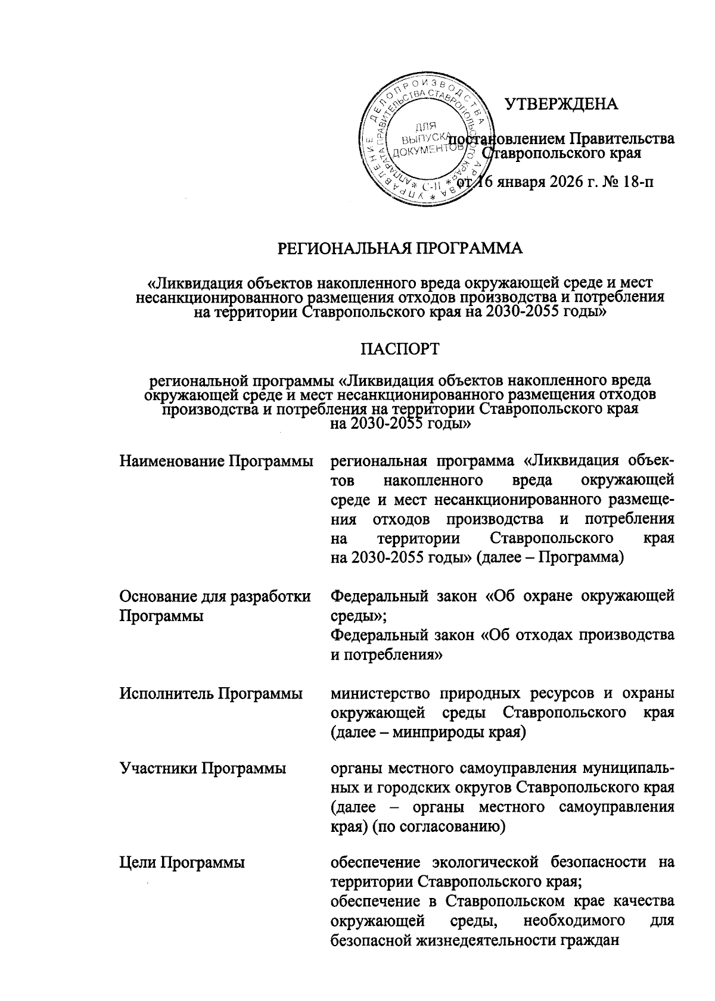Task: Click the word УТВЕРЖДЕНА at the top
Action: pyautogui.click(x=561, y=104)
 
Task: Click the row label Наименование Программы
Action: pyautogui.click(x=217, y=461)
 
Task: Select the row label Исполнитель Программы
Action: pyautogui.click(x=210, y=693)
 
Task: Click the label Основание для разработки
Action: pyautogui.click(x=215, y=596)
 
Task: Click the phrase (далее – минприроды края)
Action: pyautogui.click(x=428, y=732)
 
